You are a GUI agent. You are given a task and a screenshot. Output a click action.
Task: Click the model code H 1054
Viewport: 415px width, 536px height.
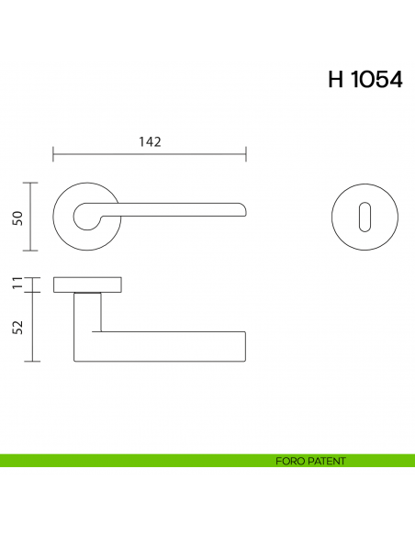365,80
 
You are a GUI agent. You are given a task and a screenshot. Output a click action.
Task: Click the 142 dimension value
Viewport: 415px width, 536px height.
150,141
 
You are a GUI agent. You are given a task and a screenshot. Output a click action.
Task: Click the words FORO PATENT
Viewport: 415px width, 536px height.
310,461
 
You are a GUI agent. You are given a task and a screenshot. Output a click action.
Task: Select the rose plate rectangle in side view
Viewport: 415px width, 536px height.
88,284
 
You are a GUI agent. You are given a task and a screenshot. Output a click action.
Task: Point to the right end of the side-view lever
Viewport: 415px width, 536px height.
244,346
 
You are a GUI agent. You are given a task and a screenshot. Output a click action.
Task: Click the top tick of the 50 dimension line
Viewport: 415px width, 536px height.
33,184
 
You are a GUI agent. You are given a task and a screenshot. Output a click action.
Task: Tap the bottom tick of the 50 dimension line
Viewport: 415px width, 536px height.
33,250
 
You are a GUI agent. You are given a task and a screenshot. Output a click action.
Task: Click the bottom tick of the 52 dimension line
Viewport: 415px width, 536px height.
33,362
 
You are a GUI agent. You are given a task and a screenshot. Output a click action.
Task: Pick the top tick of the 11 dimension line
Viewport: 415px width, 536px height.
33,275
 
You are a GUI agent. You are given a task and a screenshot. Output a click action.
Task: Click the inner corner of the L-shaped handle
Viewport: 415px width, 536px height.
100,331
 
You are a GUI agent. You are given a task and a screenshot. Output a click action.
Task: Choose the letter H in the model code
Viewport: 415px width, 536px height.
335,80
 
